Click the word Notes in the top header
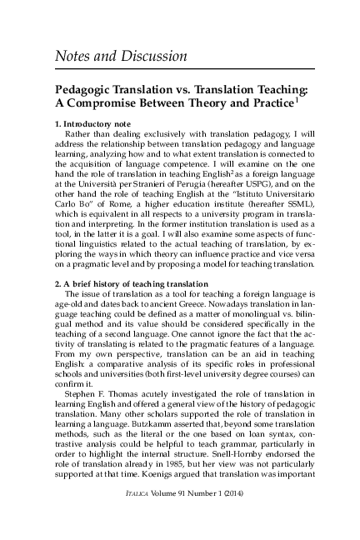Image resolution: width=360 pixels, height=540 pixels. [x=73, y=56]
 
